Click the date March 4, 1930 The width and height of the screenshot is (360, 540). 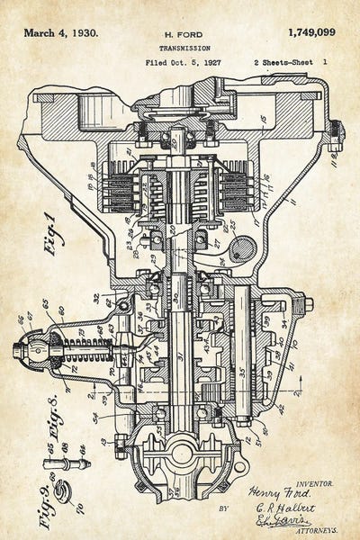[61, 33]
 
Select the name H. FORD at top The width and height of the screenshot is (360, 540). [185, 34]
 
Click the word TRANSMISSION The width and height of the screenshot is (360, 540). [185, 49]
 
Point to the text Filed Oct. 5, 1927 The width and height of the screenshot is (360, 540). [183, 64]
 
